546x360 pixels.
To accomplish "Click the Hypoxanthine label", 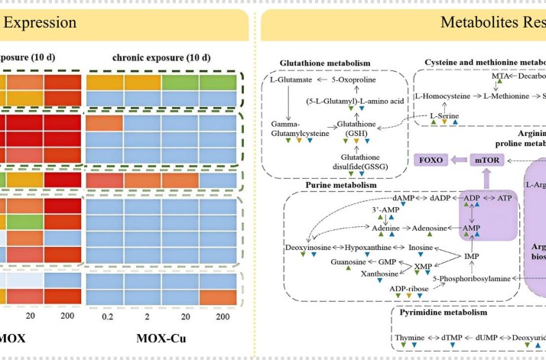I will (368, 248).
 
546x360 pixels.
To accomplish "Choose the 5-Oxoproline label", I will (351, 79).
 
